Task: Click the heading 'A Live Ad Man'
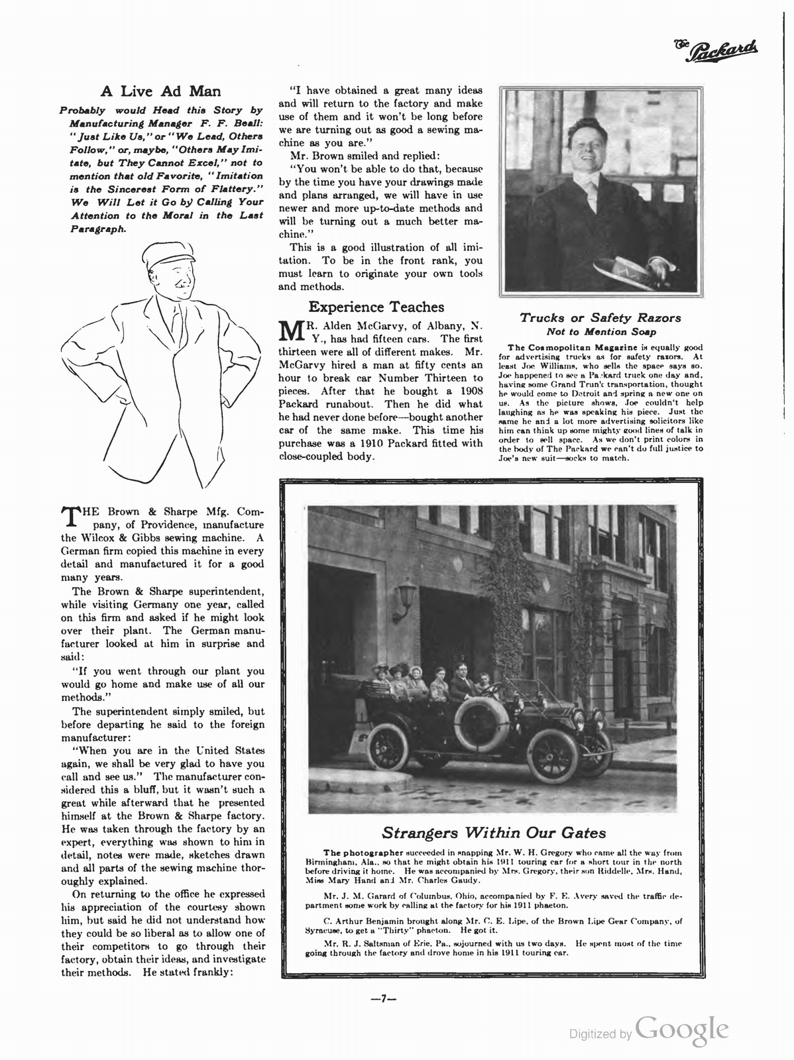click(x=160, y=91)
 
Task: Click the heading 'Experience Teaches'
click(x=376, y=307)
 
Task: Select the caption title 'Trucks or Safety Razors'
click(x=600, y=318)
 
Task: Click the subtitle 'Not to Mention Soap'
click(x=600, y=331)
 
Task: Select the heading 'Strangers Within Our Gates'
click(x=494, y=832)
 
